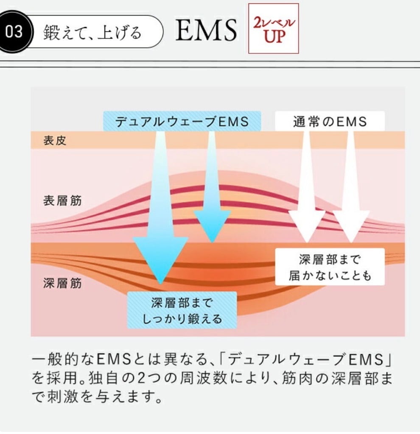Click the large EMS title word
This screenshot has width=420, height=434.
[x=206, y=31]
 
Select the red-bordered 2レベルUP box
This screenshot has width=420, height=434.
[x=274, y=28]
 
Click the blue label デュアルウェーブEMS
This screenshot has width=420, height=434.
[x=182, y=122]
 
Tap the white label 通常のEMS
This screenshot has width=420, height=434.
[x=330, y=122]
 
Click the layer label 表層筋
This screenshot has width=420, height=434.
[x=62, y=200]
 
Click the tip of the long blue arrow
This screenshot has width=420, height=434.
[x=160, y=281]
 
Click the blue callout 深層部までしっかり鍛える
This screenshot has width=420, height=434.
[x=182, y=311]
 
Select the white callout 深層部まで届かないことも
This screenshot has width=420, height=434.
[x=330, y=267]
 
